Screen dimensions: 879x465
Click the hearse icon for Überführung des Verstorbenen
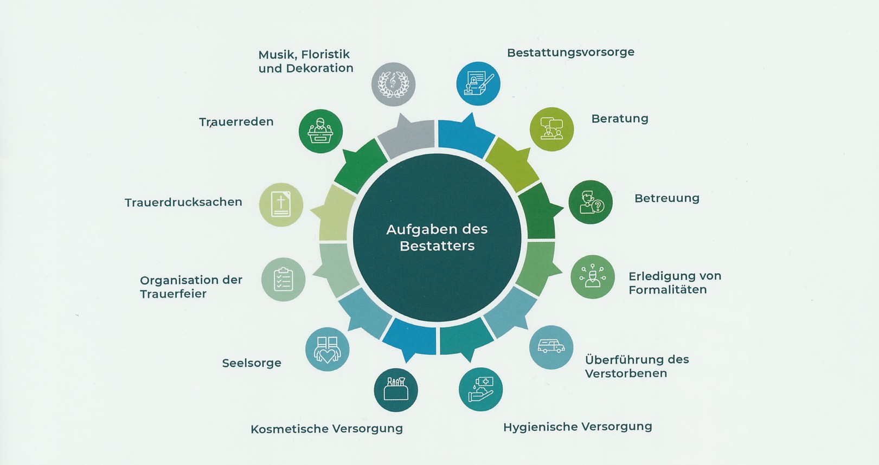[x=551, y=347]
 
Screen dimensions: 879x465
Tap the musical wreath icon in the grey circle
[x=393, y=84]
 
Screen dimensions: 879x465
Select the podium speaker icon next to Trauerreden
[x=320, y=131]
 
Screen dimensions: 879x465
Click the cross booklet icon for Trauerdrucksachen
[x=281, y=205]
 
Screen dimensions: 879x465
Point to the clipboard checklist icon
[x=283, y=280]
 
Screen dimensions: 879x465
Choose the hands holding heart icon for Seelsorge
[x=328, y=350]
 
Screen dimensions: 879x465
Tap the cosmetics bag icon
[x=395, y=390]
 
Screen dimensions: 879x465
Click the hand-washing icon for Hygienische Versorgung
[x=480, y=389]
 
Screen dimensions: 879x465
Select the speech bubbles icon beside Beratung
[x=551, y=129]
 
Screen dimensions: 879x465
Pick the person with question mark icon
[x=591, y=202]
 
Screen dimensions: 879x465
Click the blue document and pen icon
[x=478, y=83]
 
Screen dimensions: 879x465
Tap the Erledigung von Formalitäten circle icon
[x=593, y=277]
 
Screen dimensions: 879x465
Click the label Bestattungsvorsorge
[x=570, y=53]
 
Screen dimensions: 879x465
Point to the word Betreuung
[x=666, y=198]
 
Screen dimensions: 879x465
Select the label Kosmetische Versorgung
[x=326, y=429]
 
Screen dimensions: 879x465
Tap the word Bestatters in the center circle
[x=437, y=246]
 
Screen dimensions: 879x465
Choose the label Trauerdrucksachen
[x=183, y=202]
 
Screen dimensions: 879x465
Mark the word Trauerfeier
[x=173, y=294]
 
